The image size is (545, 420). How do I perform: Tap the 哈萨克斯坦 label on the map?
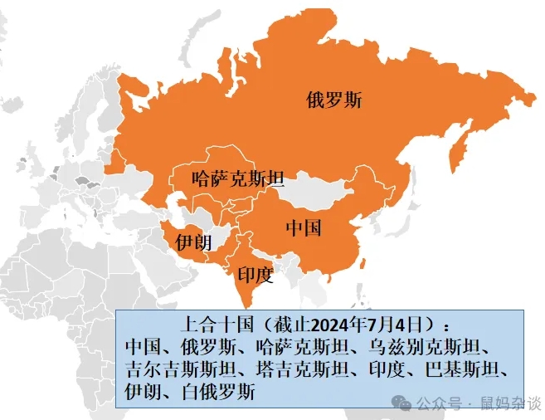point(237,178)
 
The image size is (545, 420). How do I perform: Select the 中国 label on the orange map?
point(304,227)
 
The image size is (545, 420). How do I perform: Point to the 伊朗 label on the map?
point(192,242)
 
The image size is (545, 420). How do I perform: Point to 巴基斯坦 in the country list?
point(467,369)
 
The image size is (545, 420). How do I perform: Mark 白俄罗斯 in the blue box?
point(221,391)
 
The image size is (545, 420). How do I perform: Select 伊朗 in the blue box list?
point(144,391)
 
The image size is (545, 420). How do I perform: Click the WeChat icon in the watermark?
point(401,402)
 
